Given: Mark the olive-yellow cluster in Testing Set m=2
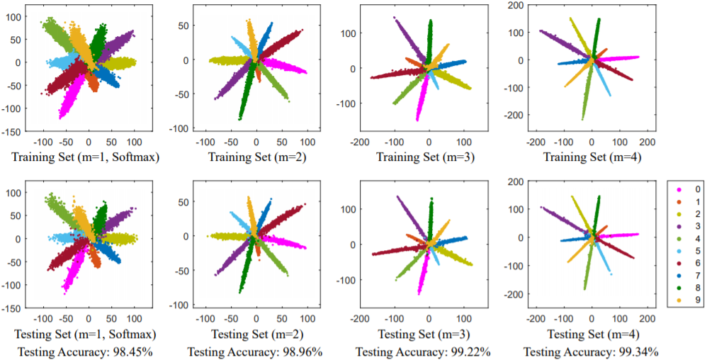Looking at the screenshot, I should [x=227, y=236].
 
